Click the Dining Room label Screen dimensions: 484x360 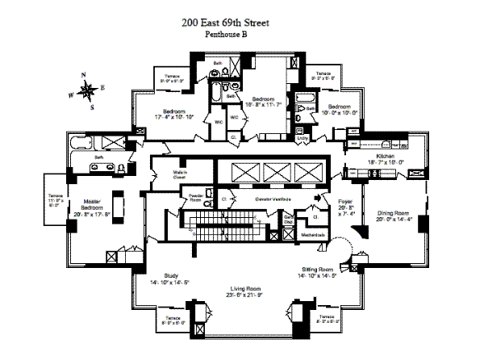pyautogui.click(x=393, y=212)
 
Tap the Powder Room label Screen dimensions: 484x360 pyautogui.click(x=194, y=197)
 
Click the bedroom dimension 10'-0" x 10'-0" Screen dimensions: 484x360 pyautogui.click(x=339, y=113)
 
